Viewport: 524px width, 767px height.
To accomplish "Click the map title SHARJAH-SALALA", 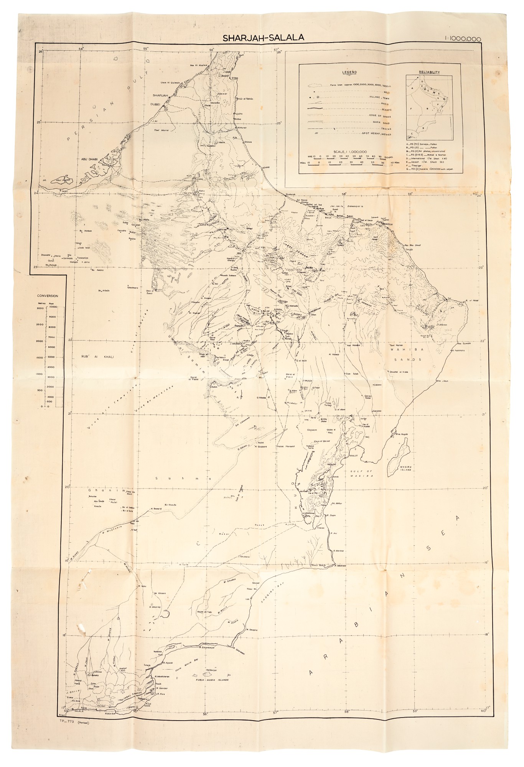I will click(x=264, y=38).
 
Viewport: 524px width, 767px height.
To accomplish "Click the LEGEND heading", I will click(x=349, y=72).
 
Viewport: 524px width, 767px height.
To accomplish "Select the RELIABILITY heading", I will click(x=429, y=72).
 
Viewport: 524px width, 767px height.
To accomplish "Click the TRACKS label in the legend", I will click(x=386, y=128).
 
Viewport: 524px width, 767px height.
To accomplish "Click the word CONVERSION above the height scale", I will click(x=48, y=296).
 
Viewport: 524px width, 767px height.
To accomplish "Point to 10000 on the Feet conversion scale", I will click(x=53, y=307).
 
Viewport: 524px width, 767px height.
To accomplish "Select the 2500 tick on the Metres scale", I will click(x=40, y=324).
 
